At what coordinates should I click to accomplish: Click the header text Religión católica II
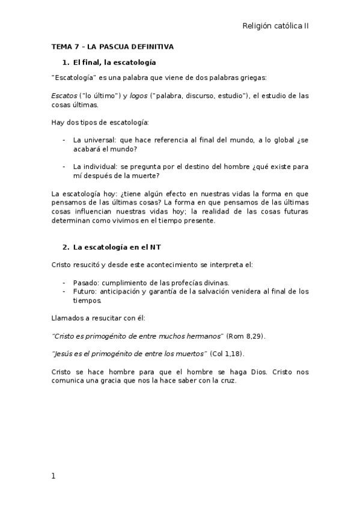(275, 26)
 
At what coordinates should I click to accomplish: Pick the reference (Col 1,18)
(227, 353)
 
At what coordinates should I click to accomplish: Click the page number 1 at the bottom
(53, 476)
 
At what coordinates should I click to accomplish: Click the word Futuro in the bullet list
(85, 292)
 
